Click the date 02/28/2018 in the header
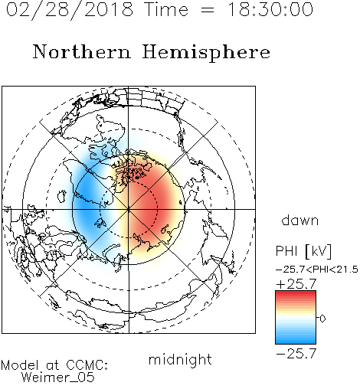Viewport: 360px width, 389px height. tap(70, 10)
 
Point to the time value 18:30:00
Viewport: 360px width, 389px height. tap(270, 10)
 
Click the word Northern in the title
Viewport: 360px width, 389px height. tap(82, 51)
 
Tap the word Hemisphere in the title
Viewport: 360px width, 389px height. tap(206, 52)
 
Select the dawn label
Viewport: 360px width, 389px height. tap(300, 220)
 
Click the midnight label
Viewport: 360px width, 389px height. tap(180, 360)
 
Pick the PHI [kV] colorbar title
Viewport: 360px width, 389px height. tap(303, 251)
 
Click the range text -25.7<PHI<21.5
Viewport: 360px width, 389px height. tap(317, 270)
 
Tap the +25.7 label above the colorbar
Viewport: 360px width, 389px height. tap(296, 284)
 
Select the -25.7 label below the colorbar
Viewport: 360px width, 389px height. tap(296, 354)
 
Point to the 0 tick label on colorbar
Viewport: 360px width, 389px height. tap(322, 319)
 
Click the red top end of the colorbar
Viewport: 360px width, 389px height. tap(296, 293)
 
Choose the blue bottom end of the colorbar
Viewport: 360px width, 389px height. tap(296, 342)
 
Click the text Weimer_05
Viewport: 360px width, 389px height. tap(58, 378)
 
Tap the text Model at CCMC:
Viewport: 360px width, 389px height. tap(54, 365)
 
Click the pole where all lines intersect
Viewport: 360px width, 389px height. tap(129, 210)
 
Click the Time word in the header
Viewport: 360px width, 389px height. tap(166, 10)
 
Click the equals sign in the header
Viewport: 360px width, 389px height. tap(207, 11)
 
